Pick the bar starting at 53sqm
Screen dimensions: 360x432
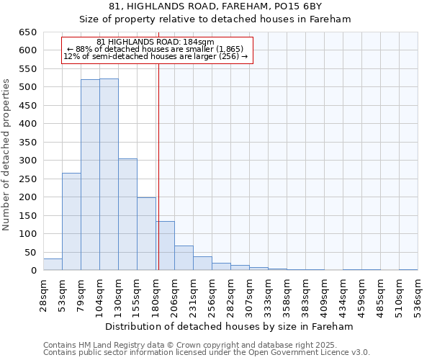pyautogui.click(x=71, y=222)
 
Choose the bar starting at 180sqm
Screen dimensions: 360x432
pyautogui.click(x=166, y=246)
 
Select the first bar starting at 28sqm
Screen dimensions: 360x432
pyautogui.click(x=53, y=264)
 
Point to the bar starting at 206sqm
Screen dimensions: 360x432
pyautogui.click(x=184, y=258)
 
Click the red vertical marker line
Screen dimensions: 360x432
pyautogui.click(x=158, y=166)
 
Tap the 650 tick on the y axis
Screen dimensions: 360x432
pyautogui.click(x=27, y=32)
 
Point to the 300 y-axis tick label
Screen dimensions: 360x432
pyautogui.click(x=27, y=161)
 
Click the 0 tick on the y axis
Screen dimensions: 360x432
pyautogui.click(x=33, y=271)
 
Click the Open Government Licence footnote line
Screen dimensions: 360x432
pyautogui.click(x=207, y=353)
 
